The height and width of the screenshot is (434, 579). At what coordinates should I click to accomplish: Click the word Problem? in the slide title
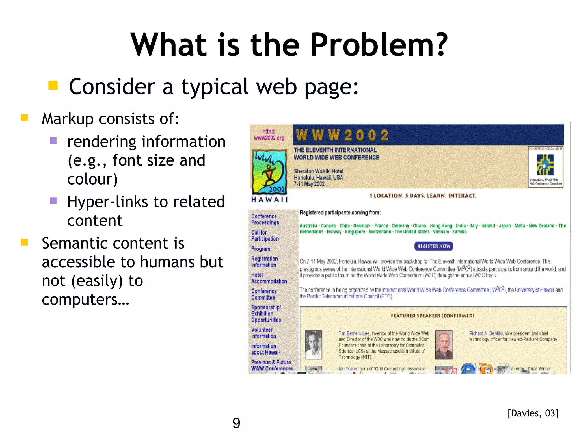379,45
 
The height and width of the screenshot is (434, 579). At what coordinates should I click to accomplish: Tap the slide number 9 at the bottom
236,423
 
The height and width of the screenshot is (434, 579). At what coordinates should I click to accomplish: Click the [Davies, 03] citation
533,413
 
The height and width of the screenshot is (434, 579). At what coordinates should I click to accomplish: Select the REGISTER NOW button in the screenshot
433,246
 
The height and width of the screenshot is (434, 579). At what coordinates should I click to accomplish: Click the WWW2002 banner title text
342,135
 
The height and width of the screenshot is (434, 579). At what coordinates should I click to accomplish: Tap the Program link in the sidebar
261,249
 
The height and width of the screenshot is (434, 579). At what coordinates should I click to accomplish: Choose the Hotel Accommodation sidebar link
269,278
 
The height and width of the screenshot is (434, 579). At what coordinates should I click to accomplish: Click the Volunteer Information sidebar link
263,333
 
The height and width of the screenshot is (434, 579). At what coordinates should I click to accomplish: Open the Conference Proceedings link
265,219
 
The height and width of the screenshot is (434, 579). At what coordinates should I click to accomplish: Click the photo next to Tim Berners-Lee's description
313,344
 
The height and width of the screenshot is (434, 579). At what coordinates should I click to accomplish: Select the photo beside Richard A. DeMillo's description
444,344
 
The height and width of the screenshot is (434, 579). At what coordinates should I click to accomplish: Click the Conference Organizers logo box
545,167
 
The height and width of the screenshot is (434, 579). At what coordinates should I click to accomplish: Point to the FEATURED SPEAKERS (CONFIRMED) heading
432,316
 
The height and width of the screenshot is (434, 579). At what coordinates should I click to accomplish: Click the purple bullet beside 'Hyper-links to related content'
53,201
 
